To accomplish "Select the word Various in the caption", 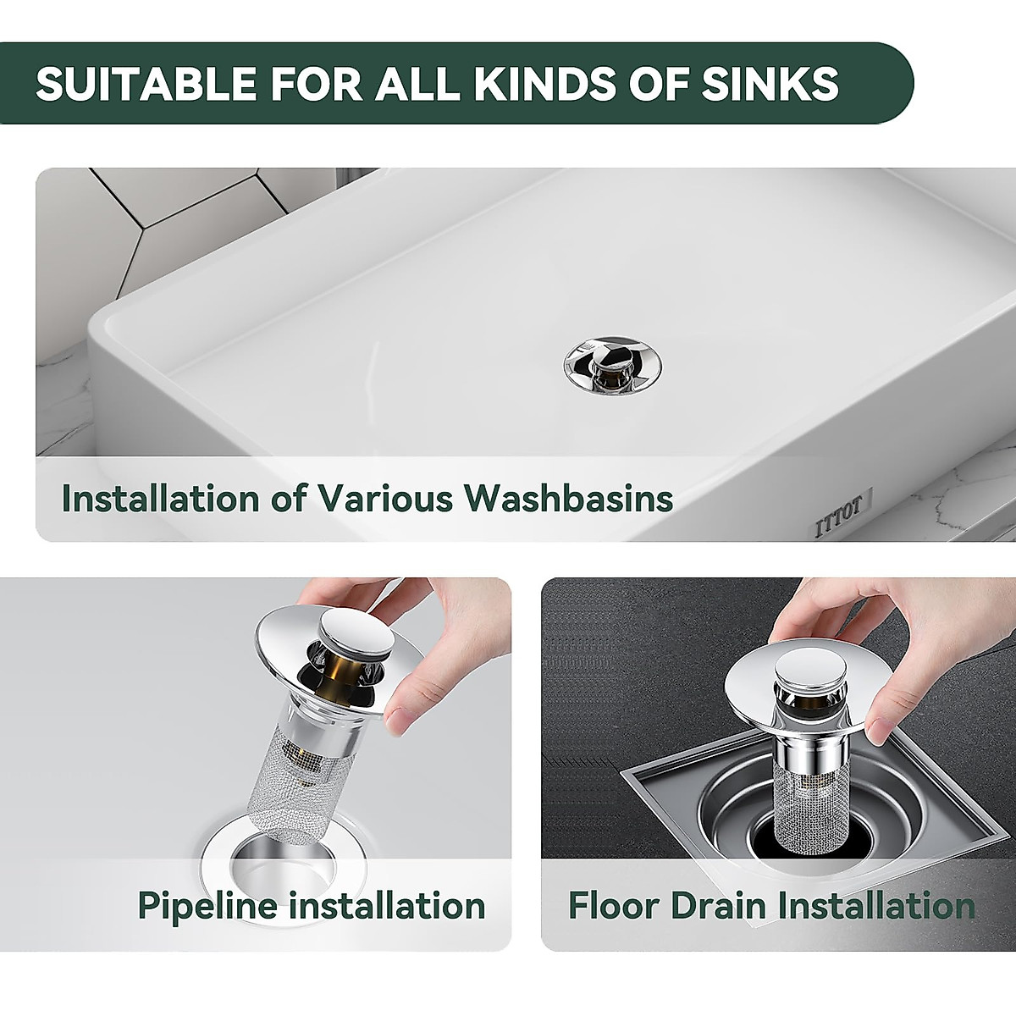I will click(385, 499).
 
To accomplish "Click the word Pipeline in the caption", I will click(207, 906).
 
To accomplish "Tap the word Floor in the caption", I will click(614, 905).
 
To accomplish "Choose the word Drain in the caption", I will click(719, 905).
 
